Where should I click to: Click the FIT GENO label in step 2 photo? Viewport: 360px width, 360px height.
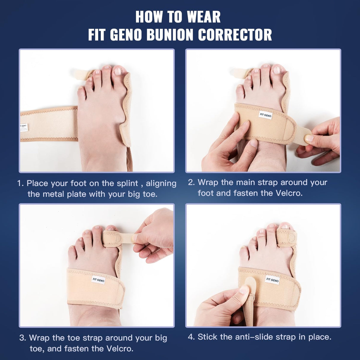coord(265,115)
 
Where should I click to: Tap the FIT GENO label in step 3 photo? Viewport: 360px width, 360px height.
coord(98,280)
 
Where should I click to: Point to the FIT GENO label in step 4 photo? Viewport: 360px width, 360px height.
coord(272,280)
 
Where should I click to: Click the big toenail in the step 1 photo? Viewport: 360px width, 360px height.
coord(118,71)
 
